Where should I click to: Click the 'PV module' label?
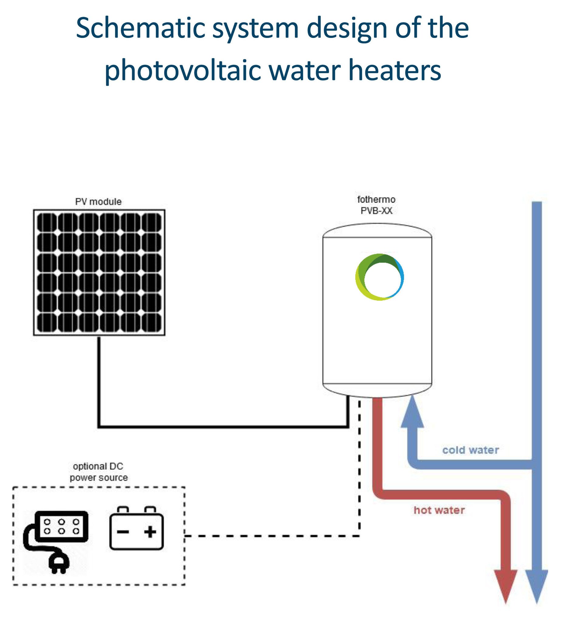point(98,202)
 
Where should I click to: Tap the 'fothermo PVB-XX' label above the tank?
point(376,205)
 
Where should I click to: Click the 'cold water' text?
point(470,450)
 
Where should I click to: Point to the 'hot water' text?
point(439,510)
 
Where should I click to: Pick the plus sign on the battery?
point(150,532)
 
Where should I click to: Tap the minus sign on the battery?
point(122,532)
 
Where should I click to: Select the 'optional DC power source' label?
point(98,472)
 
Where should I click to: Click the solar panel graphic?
point(99,272)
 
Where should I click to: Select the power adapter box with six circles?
point(61,526)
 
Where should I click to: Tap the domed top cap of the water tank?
point(377,231)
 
